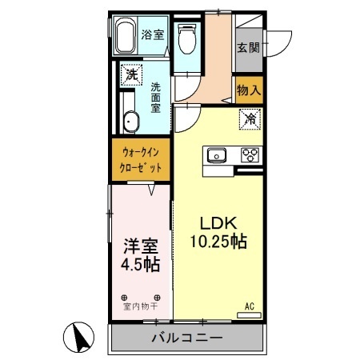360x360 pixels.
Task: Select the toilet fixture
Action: [x=188, y=38]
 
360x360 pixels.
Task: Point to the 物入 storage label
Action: [x=249, y=90]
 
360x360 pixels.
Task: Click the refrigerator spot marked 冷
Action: [x=250, y=120]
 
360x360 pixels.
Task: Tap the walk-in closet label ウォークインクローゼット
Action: [x=142, y=160]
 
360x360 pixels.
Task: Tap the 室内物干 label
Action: [x=141, y=306]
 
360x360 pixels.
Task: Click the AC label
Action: [x=249, y=305]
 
